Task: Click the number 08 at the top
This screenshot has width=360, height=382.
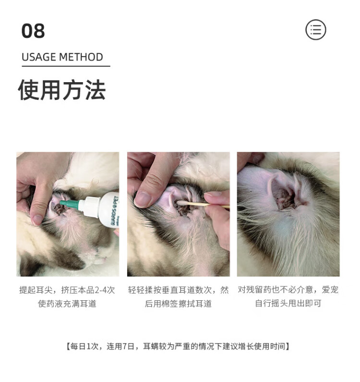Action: click(33, 31)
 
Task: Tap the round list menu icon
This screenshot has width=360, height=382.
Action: click(316, 30)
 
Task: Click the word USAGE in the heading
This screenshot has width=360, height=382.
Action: click(39, 57)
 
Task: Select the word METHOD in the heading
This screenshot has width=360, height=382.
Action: click(81, 57)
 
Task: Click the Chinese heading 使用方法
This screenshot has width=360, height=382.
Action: click(62, 90)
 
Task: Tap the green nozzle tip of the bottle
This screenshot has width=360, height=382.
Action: click(70, 204)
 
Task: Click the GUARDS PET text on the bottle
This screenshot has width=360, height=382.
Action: click(115, 210)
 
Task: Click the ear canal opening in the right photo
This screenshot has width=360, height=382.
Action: click(284, 198)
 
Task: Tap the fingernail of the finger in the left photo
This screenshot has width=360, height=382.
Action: click(36, 220)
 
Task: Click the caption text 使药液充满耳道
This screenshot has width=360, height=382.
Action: click(67, 304)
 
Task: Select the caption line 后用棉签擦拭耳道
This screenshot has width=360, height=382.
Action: click(178, 304)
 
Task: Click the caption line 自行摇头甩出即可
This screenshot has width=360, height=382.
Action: click(288, 303)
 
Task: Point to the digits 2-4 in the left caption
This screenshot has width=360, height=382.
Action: click(100, 290)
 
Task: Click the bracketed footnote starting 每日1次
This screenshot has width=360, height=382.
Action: click(178, 346)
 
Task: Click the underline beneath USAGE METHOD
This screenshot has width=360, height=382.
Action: click(66, 66)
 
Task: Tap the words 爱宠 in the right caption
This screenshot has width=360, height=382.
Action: click(330, 290)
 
